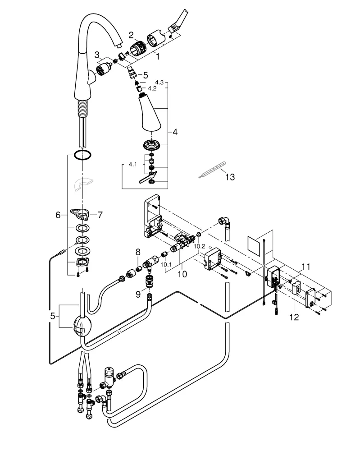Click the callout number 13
[229, 177]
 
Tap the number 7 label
[100, 215]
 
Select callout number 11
[306, 267]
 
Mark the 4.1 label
[132, 165]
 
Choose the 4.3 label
[159, 82]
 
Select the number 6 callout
[58, 216]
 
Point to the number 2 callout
[131, 34]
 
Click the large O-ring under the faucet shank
[82, 156]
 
